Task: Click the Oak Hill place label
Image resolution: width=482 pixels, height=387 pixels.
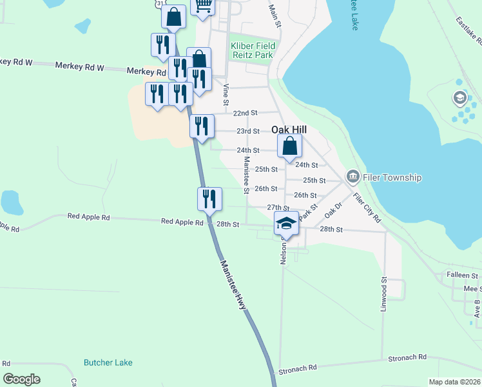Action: coord(289,129)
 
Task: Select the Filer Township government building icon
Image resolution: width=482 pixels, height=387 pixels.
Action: coord(352,176)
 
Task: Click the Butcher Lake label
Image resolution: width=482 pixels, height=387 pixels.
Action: coord(108,362)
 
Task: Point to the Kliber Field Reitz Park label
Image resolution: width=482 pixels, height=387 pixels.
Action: coord(252,50)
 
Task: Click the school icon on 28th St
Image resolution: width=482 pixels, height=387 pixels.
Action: coord(286,223)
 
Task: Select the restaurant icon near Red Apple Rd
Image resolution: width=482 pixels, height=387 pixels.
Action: coord(209,199)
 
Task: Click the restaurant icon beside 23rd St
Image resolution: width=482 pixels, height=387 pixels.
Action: coord(202,125)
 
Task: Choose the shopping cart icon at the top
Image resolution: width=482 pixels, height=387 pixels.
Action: coord(204,6)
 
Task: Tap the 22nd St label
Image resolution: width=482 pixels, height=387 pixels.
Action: coord(246,113)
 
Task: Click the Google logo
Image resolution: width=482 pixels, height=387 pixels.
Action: coord(22,379)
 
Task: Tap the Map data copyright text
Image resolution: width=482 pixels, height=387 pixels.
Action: coord(454,382)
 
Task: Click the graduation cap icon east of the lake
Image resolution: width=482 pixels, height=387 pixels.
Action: coord(460,98)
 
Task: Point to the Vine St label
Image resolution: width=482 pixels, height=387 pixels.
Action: coord(226,95)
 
